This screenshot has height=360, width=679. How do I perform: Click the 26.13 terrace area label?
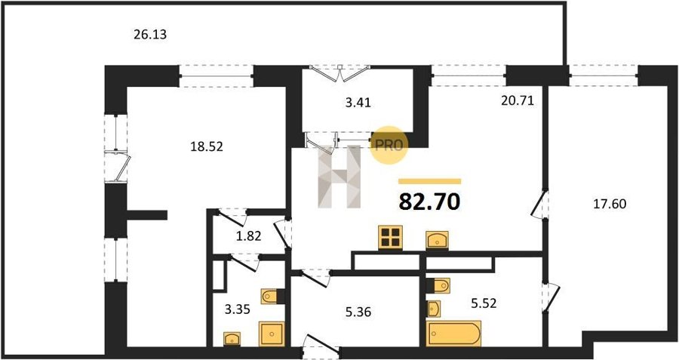click(x=150, y=34)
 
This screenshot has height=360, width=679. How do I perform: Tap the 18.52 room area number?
click(x=207, y=147)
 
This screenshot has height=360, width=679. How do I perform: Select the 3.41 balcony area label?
click(x=358, y=103)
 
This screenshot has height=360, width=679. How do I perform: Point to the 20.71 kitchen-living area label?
click(x=518, y=101)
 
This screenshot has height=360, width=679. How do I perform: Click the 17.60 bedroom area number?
click(x=610, y=204)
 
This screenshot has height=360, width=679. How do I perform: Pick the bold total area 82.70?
click(x=429, y=202)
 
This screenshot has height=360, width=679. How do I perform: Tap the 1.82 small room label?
click(x=249, y=236)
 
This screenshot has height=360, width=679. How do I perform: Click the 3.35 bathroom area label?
click(x=238, y=309)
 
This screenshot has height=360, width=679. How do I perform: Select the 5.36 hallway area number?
click(x=358, y=312)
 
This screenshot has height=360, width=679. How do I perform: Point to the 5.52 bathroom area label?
click(x=483, y=303)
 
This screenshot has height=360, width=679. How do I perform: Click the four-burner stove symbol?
click(x=390, y=238)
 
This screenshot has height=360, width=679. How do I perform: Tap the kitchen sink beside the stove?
click(x=437, y=240)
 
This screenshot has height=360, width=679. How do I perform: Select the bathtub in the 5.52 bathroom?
click(x=453, y=334)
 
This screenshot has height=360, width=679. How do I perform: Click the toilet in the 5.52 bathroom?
click(x=438, y=285)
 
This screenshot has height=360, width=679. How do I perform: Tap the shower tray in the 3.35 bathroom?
click(x=272, y=334)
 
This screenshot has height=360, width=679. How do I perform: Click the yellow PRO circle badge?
click(x=389, y=145)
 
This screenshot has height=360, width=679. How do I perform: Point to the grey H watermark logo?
click(x=339, y=177)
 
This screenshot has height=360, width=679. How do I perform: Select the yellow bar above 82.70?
click(x=429, y=182)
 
